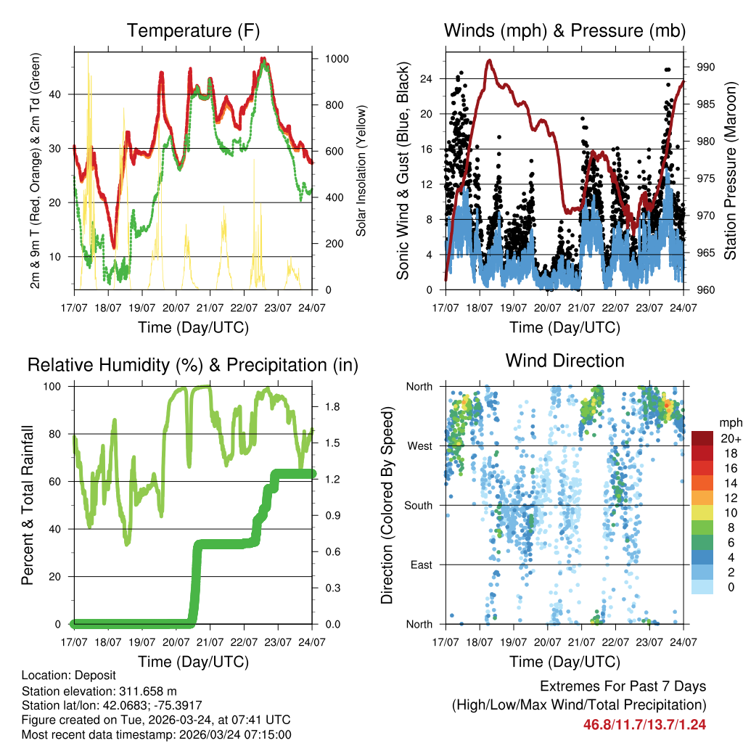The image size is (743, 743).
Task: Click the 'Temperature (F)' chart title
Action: coord(193,30)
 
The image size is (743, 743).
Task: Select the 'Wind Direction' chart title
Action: coord(565,360)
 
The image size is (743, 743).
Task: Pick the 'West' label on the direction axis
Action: coord(419,446)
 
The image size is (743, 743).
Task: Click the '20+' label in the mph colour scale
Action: coord(730,438)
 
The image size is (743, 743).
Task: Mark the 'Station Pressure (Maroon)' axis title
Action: coord(731,171)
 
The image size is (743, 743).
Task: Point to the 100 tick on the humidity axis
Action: coord(56,386)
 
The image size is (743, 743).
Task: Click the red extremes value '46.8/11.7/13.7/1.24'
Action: coord(644,724)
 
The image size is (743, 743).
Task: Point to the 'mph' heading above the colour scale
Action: coord(729,422)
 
